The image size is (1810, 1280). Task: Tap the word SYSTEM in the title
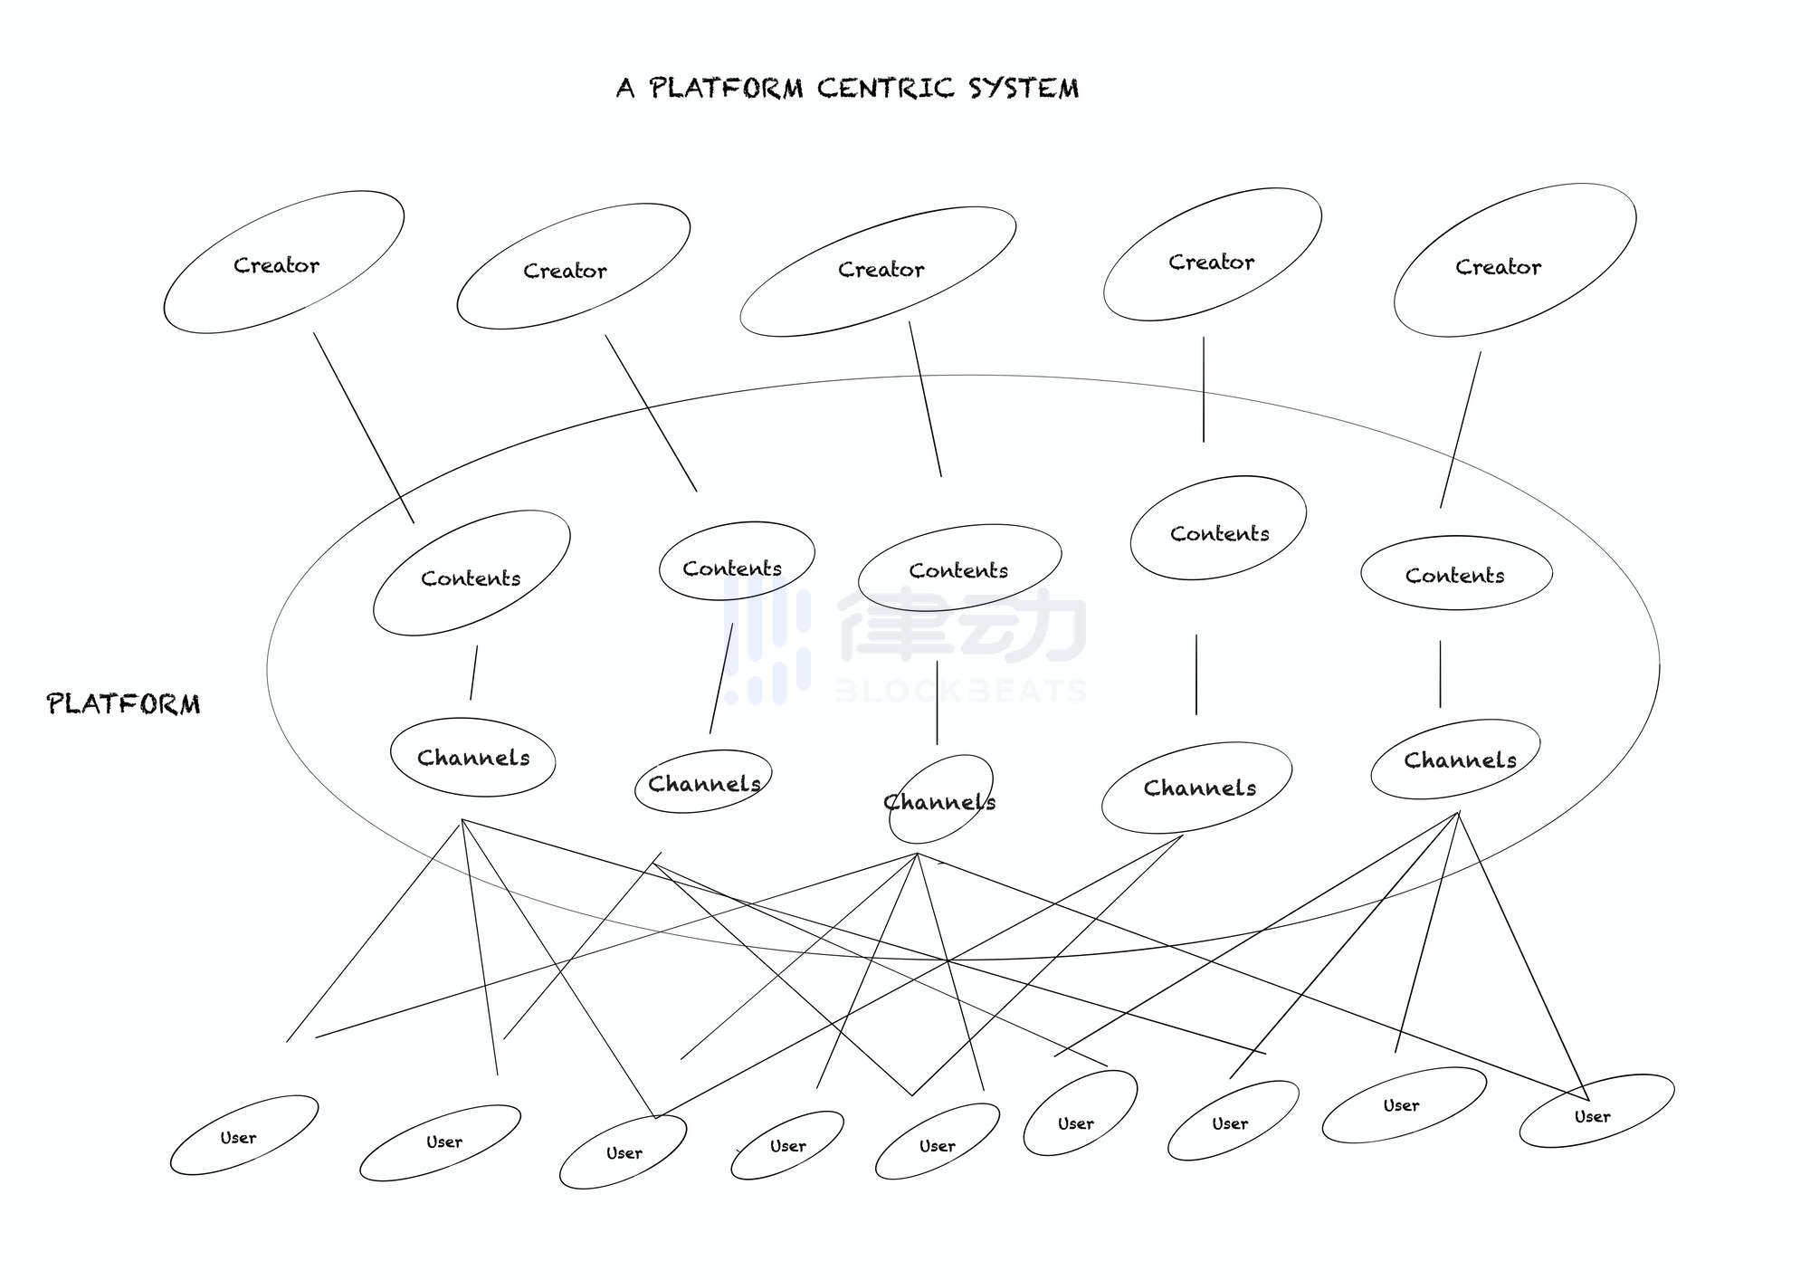[1023, 89]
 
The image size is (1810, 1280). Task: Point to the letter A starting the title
[625, 89]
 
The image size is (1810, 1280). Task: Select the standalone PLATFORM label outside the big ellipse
[124, 704]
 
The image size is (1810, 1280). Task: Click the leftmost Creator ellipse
[283, 263]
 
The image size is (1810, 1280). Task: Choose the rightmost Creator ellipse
[1514, 261]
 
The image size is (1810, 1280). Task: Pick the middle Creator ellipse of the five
[878, 271]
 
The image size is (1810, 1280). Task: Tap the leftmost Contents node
[472, 574]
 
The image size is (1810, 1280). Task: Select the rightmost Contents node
[1456, 574]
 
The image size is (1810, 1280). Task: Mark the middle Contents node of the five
[959, 568]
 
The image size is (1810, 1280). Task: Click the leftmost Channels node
[472, 758]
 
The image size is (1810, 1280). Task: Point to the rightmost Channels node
[1456, 759]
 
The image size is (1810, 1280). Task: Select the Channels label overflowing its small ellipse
[939, 802]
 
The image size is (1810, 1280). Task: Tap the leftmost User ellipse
[243, 1135]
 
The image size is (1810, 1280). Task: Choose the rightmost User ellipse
[1596, 1112]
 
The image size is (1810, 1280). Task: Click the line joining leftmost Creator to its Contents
[364, 427]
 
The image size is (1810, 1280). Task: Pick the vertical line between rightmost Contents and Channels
[1440, 674]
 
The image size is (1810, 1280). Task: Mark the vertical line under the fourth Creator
[1204, 389]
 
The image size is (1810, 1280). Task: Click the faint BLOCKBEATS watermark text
[959, 692]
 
